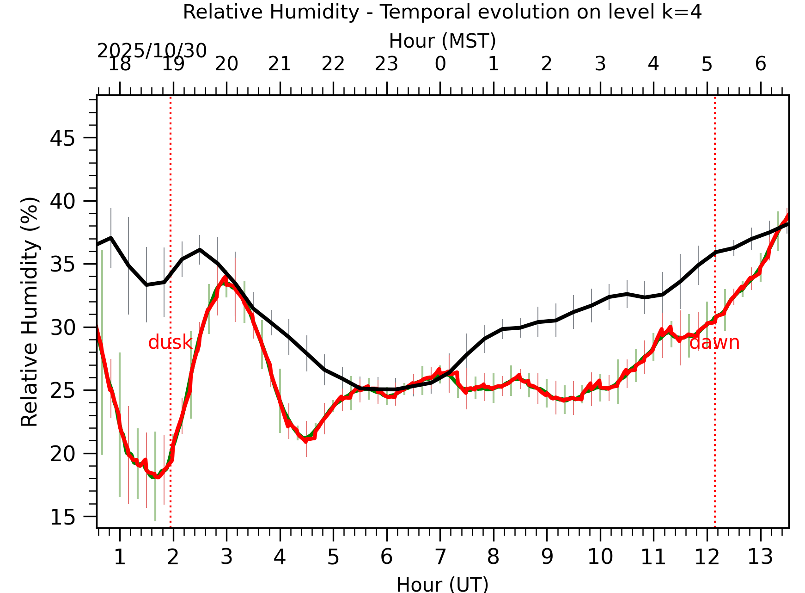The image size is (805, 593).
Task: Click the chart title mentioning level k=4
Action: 442,12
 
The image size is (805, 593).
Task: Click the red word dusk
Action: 170,343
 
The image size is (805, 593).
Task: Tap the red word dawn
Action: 714,343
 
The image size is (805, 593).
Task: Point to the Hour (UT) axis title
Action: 442,584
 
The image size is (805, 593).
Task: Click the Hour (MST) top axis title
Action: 442,41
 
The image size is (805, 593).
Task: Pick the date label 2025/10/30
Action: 152,51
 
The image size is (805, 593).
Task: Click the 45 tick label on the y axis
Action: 62,138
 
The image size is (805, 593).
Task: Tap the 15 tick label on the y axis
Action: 62,517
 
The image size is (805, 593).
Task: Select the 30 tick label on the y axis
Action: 62,328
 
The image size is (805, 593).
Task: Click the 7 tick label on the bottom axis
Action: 440,557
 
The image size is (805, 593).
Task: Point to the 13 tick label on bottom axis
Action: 760,557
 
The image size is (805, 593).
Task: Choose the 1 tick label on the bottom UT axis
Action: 120,557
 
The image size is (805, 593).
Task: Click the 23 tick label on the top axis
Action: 386,64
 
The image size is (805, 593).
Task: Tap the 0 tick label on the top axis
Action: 440,64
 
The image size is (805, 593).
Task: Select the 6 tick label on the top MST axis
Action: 761,64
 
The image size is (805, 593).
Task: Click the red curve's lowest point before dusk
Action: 158,477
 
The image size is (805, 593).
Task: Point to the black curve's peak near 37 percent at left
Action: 111,238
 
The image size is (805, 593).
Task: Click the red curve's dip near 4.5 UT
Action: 306,441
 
